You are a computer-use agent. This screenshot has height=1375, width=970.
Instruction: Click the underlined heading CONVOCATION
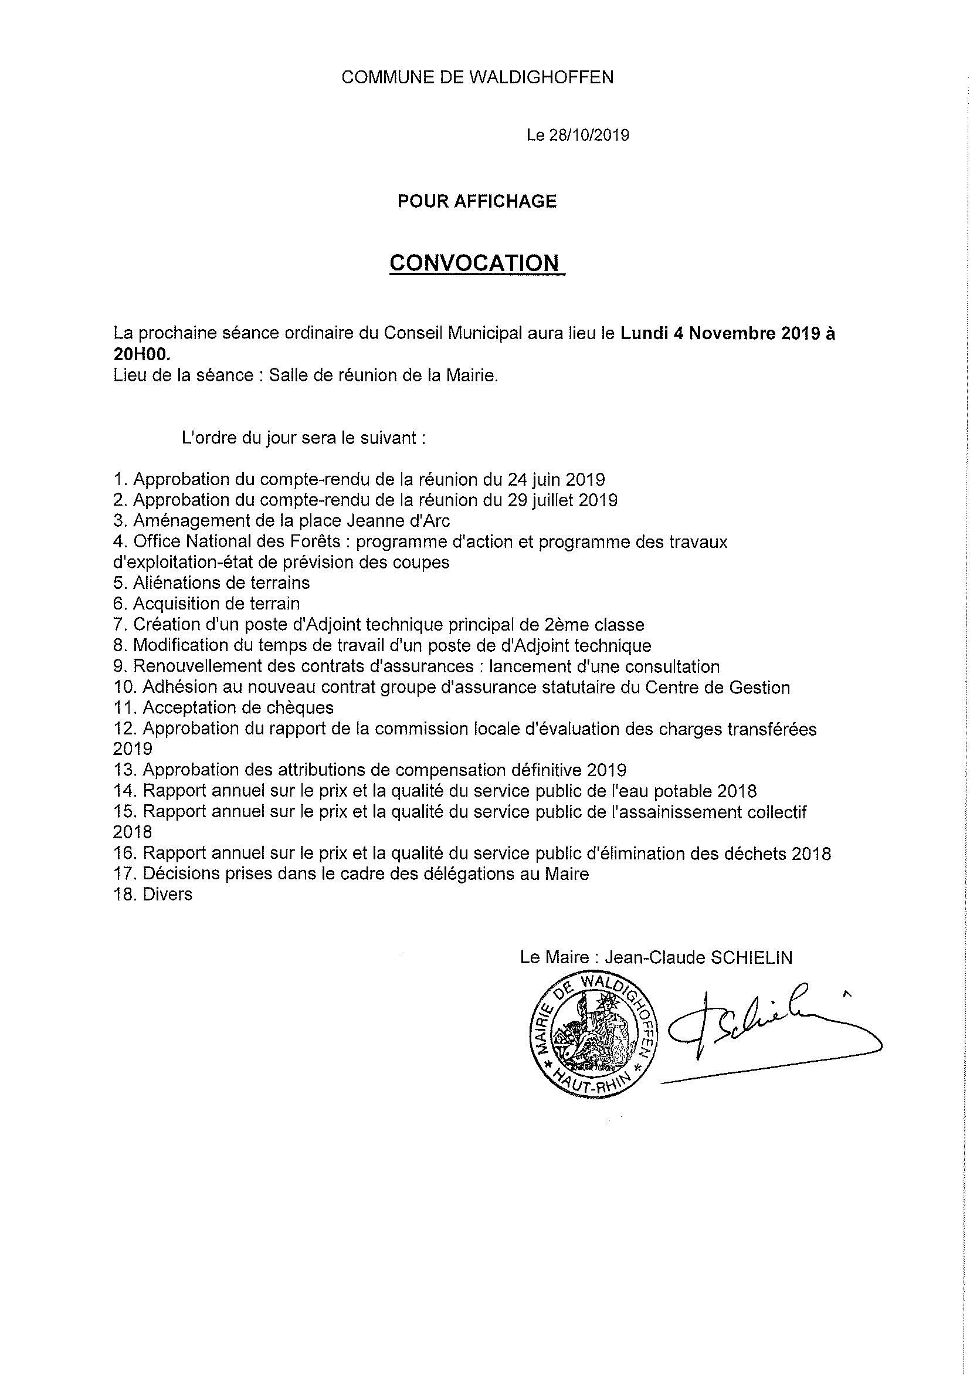click(x=477, y=263)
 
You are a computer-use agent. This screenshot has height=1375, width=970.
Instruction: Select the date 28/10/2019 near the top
click(x=588, y=136)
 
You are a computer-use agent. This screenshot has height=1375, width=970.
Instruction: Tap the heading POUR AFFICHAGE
click(x=477, y=201)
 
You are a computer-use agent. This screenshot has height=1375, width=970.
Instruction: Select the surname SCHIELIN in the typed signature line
click(x=751, y=957)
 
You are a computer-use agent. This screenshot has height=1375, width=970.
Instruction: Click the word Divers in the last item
click(x=168, y=895)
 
